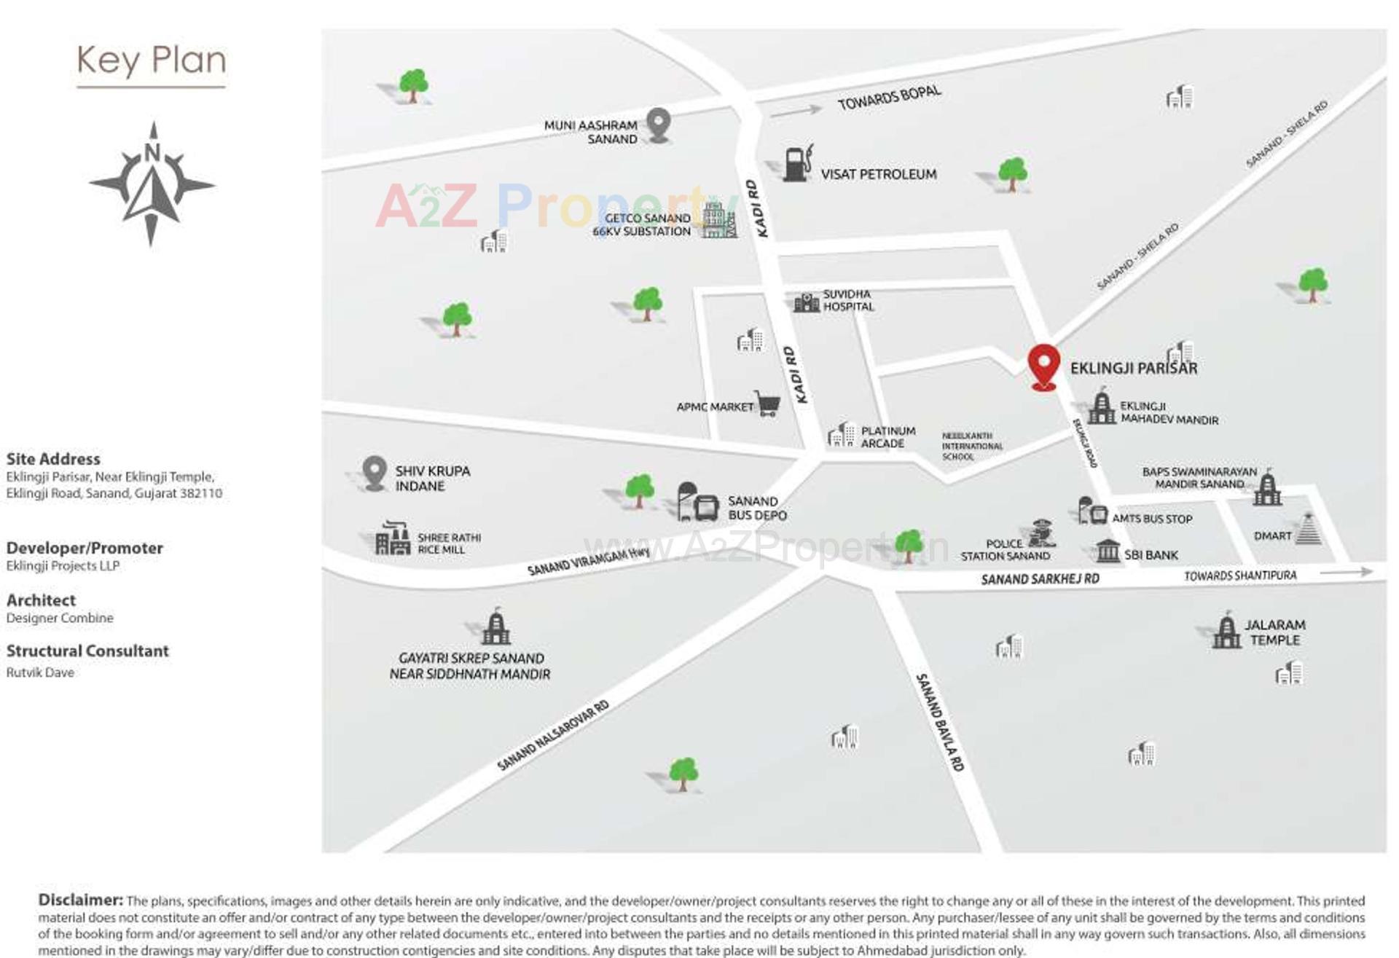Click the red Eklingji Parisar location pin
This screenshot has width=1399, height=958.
[1043, 365]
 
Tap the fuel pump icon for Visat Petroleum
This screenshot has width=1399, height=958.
[798, 163]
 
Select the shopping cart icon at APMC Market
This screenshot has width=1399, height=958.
[767, 403]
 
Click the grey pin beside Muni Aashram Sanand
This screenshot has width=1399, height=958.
[658, 124]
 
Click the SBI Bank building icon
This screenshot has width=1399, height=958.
[1108, 551]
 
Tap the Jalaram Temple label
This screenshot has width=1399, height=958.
[1274, 632]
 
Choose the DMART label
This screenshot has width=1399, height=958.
[1272, 535]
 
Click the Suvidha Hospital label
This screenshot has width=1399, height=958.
[848, 300]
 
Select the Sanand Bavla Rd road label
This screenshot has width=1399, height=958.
[940, 722]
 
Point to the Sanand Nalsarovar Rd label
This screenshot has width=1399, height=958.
[553, 736]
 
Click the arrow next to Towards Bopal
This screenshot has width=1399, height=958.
[796, 111]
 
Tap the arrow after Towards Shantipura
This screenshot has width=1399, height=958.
[1346, 573]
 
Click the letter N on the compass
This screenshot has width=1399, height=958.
[152, 152]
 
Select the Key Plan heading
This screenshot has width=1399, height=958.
[152, 60]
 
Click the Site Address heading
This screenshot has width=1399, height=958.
[53, 459]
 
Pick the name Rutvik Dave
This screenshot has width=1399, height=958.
[40, 672]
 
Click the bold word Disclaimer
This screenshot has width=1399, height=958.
[80, 900]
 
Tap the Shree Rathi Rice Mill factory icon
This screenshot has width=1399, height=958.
[393, 539]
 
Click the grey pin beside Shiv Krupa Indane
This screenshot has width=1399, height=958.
[375, 472]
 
